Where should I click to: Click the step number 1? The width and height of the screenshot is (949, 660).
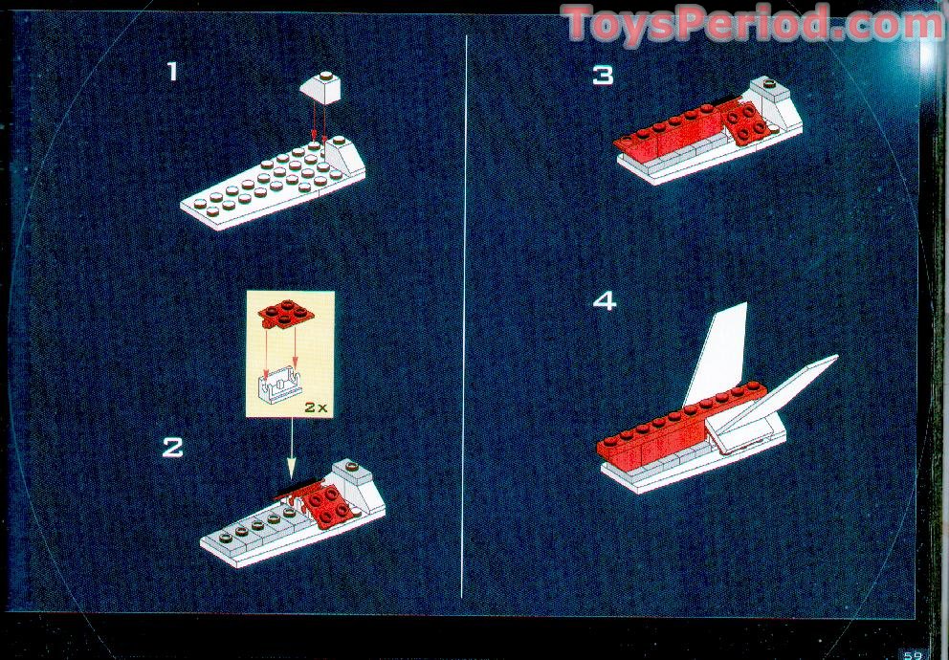click(x=173, y=72)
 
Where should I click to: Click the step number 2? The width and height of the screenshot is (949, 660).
click(x=172, y=448)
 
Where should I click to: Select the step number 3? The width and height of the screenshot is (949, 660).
click(x=603, y=76)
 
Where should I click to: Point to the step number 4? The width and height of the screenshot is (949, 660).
click(x=604, y=300)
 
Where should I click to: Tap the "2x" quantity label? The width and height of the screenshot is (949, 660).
click(x=316, y=407)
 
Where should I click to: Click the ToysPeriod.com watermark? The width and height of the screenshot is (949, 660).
click(x=752, y=24)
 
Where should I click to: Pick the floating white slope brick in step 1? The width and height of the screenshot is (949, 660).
click(x=320, y=88)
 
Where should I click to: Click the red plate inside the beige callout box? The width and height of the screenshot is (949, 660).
click(x=286, y=314)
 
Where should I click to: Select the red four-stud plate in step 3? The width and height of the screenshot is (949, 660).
click(x=748, y=123)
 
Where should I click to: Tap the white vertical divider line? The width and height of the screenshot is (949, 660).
click(x=465, y=316)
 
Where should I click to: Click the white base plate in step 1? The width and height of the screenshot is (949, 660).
click(x=273, y=184)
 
